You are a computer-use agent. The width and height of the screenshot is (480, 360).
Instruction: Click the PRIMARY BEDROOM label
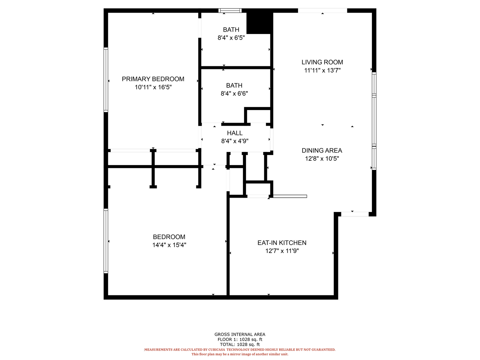(153, 79)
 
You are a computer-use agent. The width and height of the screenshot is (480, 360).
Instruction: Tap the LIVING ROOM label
(322, 62)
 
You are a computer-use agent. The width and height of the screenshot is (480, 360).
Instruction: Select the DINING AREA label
(322, 150)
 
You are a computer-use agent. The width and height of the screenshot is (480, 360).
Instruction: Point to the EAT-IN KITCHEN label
(282, 243)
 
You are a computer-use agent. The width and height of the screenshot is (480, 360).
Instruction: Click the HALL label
(235, 133)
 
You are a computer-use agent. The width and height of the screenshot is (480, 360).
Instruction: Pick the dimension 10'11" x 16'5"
(153, 87)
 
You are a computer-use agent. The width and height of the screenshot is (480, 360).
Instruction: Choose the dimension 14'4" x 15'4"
(169, 245)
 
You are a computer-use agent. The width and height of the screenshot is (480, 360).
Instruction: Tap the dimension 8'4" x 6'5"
(231, 38)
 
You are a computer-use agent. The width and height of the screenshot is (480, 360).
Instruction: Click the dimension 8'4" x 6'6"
(234, 94)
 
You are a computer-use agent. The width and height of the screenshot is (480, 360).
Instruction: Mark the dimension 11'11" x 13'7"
(322, 70)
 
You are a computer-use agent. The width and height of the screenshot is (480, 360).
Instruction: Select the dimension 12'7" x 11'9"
(282, 251)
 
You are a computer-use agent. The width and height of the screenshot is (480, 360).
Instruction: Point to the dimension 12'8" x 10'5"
(322, 158)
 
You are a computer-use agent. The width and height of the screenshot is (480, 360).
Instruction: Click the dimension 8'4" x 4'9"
(235, 141)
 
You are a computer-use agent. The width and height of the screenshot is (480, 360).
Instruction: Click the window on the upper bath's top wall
(230, 10)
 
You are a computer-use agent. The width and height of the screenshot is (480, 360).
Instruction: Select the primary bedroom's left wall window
(106, 80)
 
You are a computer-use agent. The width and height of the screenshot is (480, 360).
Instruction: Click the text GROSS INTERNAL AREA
(240, 334)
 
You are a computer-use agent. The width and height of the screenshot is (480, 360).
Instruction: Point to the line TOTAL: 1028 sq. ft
(240, 344)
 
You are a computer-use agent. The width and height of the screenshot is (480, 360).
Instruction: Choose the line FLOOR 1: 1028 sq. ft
(240, 339)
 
